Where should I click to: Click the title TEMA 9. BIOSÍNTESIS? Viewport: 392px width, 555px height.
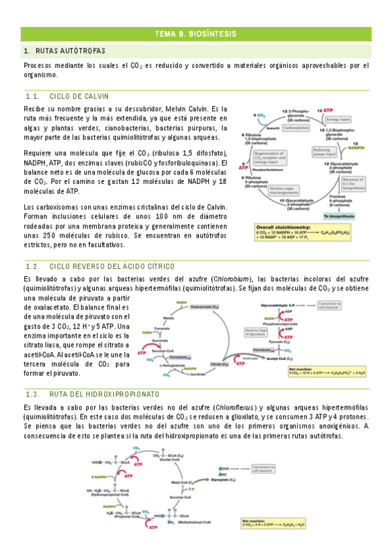click(196, 33)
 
